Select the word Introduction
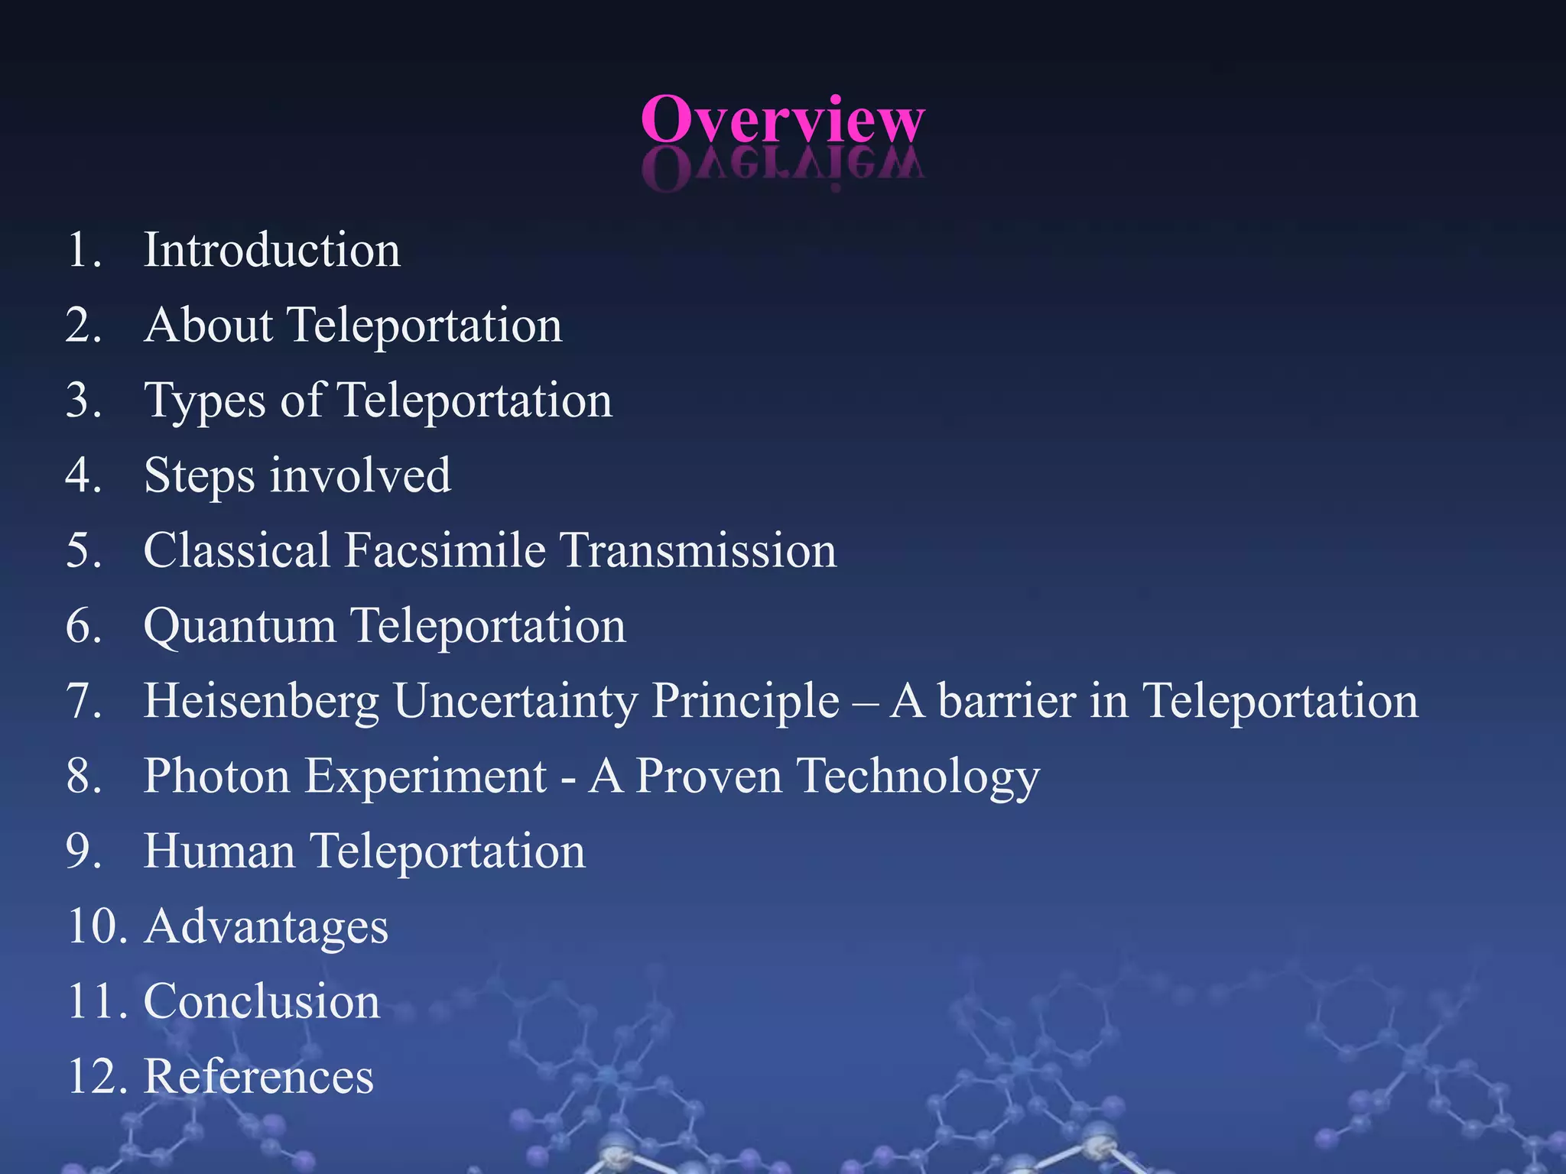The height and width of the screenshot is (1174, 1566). click(271, 250)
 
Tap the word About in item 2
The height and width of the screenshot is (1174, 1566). click(208, 325)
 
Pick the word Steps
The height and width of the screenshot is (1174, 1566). click(199, 475)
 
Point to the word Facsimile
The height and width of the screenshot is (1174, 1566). click(445, 550)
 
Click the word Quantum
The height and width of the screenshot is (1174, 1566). click(239, 626)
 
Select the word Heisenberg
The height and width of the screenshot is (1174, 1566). click(261, 701)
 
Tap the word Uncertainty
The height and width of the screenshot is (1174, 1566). click(515, 701)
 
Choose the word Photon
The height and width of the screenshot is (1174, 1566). click(216, 776)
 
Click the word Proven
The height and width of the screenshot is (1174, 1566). click(709, 776)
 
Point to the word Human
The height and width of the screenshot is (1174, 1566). click(219, 851)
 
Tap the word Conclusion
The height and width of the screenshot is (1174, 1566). click(262, 1001)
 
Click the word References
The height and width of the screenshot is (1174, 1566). click(258, 1076)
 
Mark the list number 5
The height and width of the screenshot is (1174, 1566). click(83, 550)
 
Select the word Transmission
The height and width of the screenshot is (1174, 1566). click(697, 550)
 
